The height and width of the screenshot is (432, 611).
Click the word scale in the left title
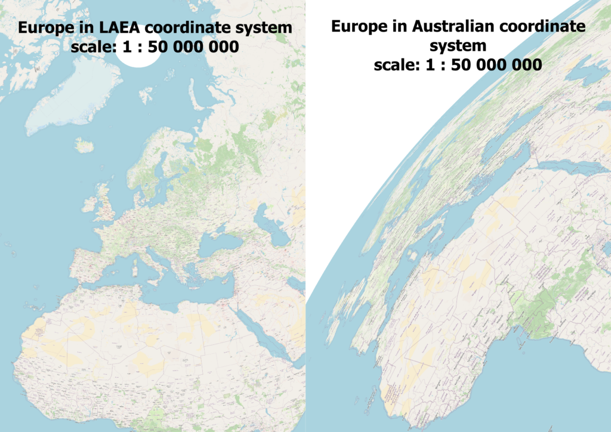tap(89, 47)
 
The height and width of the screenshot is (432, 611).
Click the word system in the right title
tap(458, 45)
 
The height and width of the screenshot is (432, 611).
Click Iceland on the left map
tap(85, 145)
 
